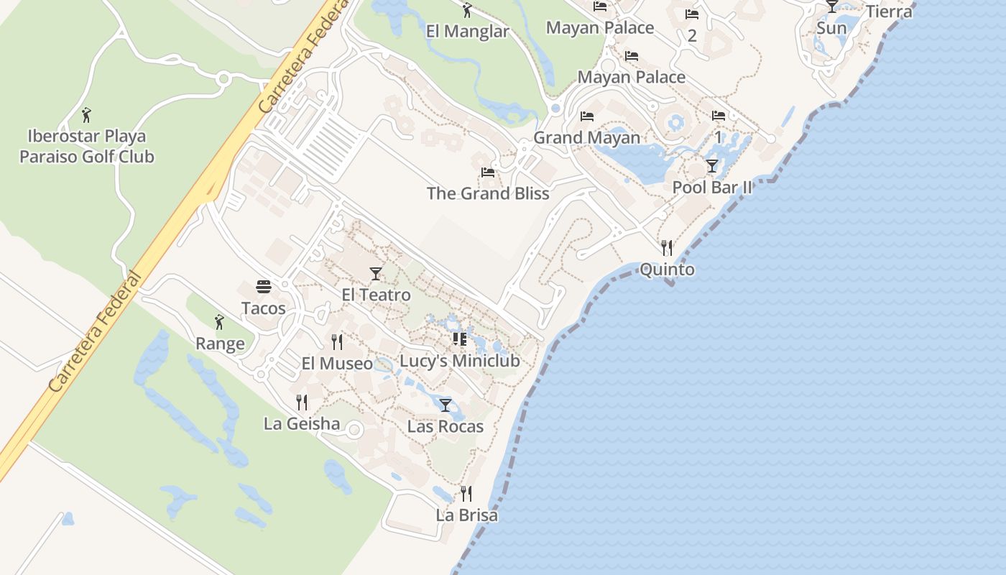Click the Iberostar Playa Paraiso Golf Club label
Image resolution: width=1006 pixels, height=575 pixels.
86,146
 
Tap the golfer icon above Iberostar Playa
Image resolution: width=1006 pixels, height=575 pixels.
86,114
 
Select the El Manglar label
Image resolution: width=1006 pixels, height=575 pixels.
467,32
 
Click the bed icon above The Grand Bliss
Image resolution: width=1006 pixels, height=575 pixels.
488,172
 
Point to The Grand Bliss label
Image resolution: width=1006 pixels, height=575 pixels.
488,193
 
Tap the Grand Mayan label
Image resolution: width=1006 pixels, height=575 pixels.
586,137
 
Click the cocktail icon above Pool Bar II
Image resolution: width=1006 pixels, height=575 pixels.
711,166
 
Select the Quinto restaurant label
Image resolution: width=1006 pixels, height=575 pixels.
667,270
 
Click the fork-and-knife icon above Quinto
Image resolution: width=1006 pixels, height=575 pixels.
667,248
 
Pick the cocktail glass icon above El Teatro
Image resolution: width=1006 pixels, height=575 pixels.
375,274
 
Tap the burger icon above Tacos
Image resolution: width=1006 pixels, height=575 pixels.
263,287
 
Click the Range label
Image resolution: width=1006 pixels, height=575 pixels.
220,344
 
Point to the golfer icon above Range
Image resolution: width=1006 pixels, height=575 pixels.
219,322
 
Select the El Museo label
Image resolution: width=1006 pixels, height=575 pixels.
337,364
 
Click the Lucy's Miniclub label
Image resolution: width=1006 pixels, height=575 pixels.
459,361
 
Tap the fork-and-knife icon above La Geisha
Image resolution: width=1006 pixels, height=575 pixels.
302,402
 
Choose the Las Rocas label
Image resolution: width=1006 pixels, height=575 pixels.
446,426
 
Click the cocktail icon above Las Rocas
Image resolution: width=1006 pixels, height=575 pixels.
446,405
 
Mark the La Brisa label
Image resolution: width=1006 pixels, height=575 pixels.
466,515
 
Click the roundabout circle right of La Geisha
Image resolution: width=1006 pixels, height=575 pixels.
354,430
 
